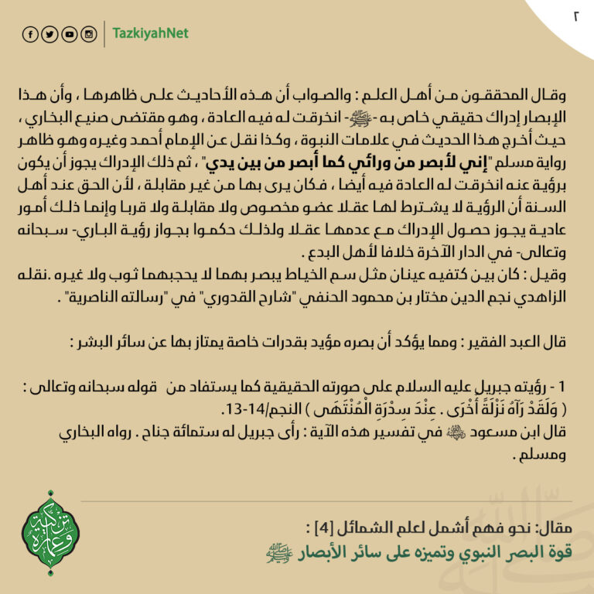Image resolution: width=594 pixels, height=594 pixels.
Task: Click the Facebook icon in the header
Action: point(30,34)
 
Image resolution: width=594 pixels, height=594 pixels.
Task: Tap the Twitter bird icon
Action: point(49,34)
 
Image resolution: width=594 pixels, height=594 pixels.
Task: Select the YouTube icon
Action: point(70,34)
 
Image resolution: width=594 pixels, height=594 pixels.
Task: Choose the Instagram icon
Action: point(89,34)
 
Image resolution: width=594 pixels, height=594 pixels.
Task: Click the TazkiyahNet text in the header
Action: point(150,34)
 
